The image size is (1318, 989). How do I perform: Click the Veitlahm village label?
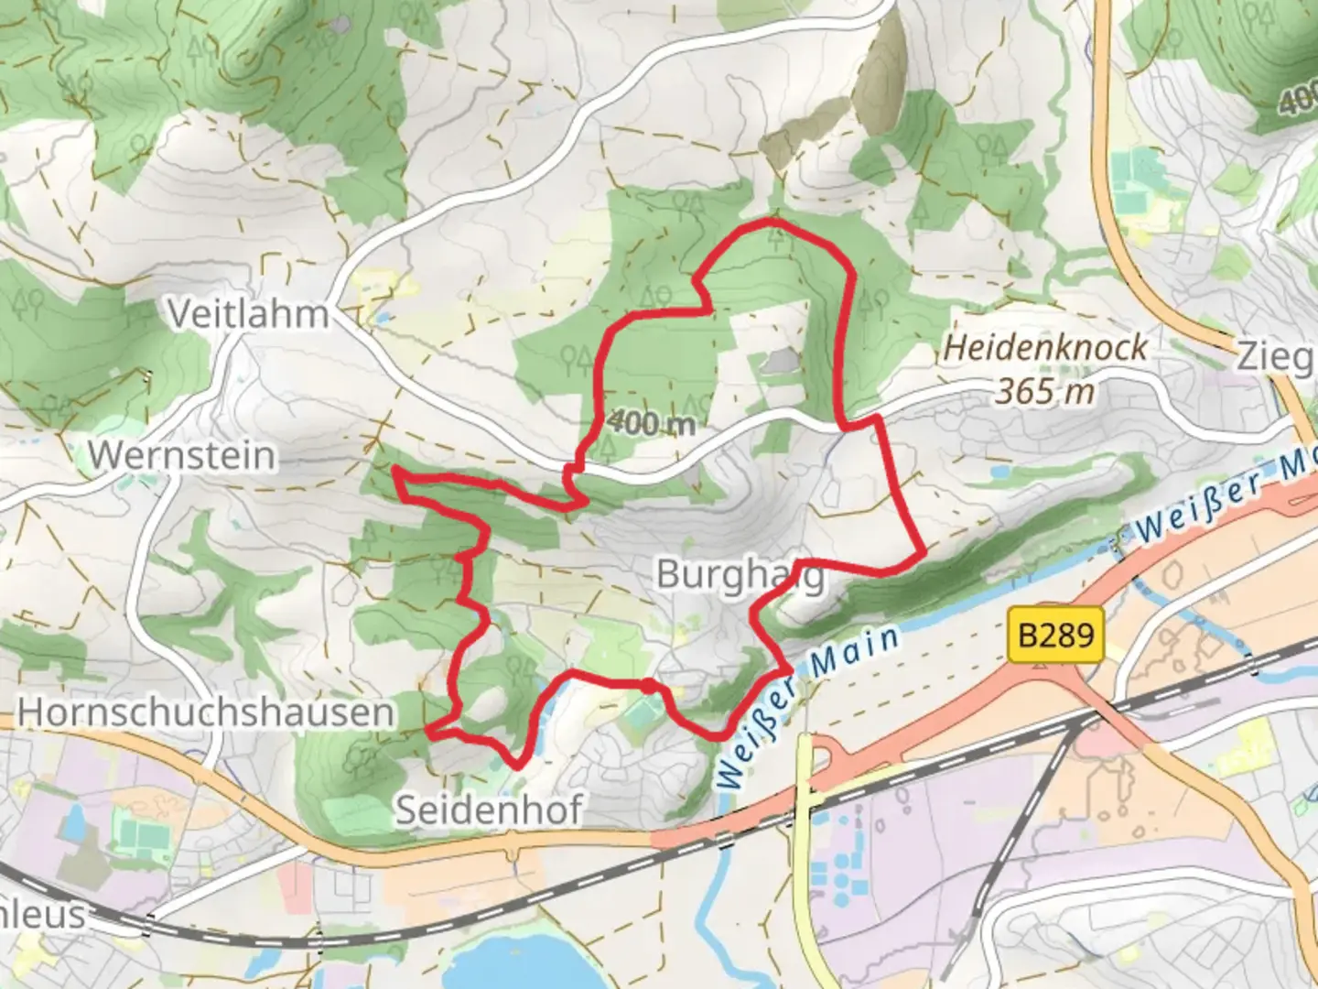[x=247, y=314]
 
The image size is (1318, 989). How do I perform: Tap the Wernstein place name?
[x=181, y=455]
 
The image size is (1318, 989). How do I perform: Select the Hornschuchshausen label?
[x=206, y=712]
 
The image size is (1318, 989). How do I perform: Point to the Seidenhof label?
[x=488, y=810]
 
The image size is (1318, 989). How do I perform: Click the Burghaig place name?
[x=740, y=575]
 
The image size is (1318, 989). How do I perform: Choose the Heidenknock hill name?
[x=1045, y=347]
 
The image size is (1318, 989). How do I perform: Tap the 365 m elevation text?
[x=1044, y=391]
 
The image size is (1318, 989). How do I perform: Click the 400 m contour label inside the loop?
[x=651, y=422]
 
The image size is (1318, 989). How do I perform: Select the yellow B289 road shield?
[x=1055, y=634]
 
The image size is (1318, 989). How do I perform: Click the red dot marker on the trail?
[x=647, y=686]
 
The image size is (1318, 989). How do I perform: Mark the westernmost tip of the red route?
[x=394, y=471]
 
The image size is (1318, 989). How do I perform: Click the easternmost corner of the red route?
[x=922, y=553]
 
